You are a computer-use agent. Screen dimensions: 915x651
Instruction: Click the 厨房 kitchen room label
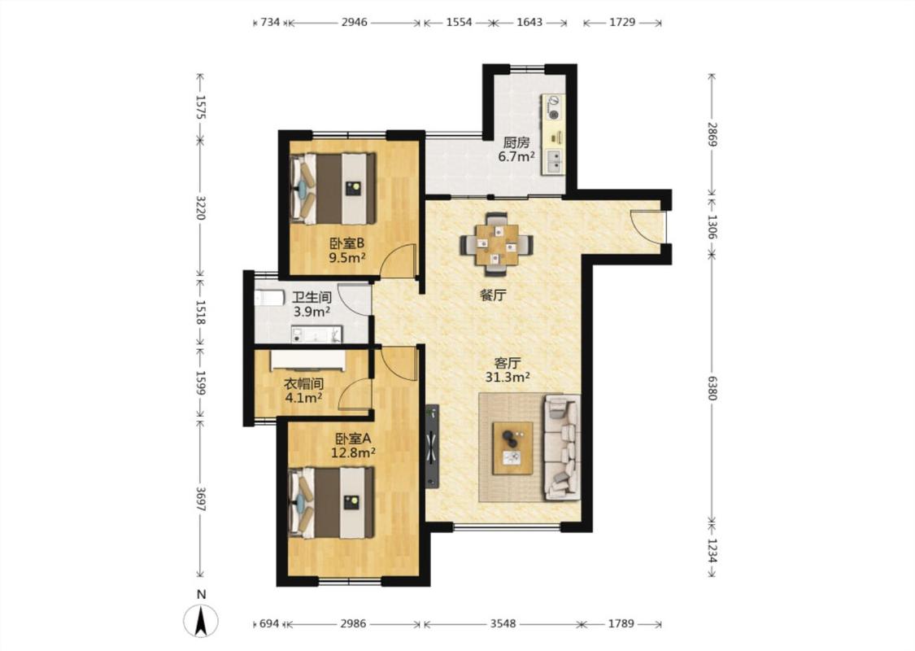(516, 142)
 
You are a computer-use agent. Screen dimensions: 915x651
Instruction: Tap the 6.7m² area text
(516, 156)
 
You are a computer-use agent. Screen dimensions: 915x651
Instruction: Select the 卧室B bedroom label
(346, 242)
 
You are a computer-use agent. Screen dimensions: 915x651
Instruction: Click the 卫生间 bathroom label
(312, 298)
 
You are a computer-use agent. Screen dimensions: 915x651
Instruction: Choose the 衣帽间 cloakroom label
(303, 384)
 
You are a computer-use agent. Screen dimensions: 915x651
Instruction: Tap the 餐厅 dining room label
(493, 295)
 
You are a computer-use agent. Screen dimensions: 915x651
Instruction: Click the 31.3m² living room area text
(507, 377)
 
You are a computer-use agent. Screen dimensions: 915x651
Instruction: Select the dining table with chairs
(497, 244)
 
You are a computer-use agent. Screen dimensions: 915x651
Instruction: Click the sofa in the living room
(563, 448)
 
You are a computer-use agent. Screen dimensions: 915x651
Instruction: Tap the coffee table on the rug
(513, 448)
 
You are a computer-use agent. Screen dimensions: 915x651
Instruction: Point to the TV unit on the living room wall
(432, 446)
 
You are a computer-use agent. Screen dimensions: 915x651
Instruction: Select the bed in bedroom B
(333, 188)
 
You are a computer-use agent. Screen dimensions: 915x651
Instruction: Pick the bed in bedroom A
(332, 502)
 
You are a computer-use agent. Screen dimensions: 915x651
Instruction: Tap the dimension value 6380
(712, 387)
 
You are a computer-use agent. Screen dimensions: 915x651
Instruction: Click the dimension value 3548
(503, 623)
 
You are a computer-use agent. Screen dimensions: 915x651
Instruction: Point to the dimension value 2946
(355, 22)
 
